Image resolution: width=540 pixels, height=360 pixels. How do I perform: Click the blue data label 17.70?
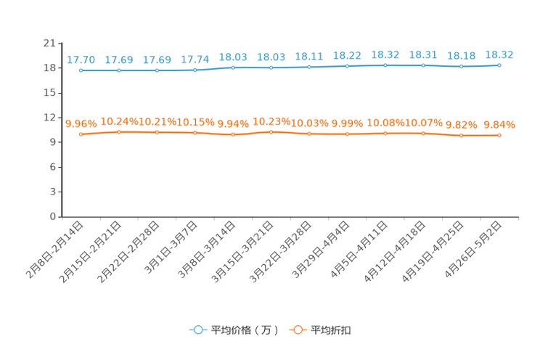(x=81, y=60)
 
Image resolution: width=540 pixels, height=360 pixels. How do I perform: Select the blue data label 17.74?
(x=195, y=60)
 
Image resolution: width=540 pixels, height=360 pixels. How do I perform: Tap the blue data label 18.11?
(x=309, y=57)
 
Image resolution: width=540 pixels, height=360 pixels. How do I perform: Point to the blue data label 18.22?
(x=347, y=55)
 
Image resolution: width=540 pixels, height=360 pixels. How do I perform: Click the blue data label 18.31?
(x=423, y=54)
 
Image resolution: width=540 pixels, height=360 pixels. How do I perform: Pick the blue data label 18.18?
(x=461, y=56)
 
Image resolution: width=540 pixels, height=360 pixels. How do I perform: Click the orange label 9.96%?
(x=81, y=123)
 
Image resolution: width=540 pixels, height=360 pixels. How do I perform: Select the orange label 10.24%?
(x=119, y=121)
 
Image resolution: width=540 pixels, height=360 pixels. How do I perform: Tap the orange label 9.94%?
(x=233, y=123)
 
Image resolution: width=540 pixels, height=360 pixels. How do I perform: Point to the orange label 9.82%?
(x=461, y=125)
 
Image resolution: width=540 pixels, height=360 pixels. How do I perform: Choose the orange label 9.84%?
(x=499, y=124)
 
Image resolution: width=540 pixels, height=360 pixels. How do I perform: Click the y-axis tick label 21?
(x=49, y=43)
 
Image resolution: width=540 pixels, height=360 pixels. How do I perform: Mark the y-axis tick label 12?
(x=49, y=118)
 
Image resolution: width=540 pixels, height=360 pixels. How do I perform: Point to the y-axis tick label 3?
(x=52, y=192)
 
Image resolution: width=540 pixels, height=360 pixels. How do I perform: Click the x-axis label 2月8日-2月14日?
(x=54, y=250)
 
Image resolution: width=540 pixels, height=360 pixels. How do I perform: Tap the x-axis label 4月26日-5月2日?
(x=472, y=250)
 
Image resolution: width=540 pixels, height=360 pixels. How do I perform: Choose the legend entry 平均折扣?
(x=320, y=330)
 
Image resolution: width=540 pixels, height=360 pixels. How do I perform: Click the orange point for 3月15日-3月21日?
(x=271, y=132)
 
